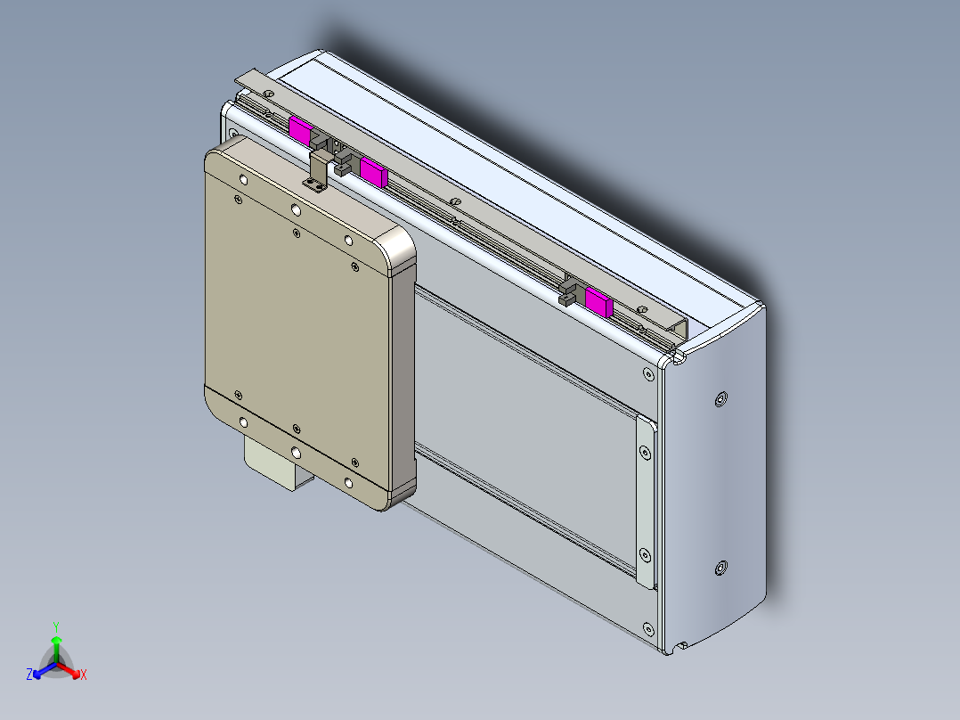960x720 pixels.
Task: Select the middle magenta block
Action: (x=373, y=170)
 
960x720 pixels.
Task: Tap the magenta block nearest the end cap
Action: (x=599, y=304)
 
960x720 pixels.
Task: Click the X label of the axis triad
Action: (x=83, y=675)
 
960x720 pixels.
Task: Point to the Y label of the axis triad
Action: (x=56, y=626)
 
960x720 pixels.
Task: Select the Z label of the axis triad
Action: (x=29, y=675)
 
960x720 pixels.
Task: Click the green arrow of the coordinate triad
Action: (x=56, y=646)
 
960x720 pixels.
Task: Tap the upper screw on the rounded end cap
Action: (x=720, y=397)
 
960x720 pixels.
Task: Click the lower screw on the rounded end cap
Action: (x=720, y=568)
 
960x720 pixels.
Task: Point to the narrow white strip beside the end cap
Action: (x=644, y=499)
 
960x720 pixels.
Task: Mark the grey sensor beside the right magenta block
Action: (x=570, y=291)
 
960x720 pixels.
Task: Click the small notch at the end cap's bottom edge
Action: (x=682, y=644)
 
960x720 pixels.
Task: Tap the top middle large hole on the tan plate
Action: (x=296, y=210)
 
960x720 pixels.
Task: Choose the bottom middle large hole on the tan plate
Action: (x=295, y=452)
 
